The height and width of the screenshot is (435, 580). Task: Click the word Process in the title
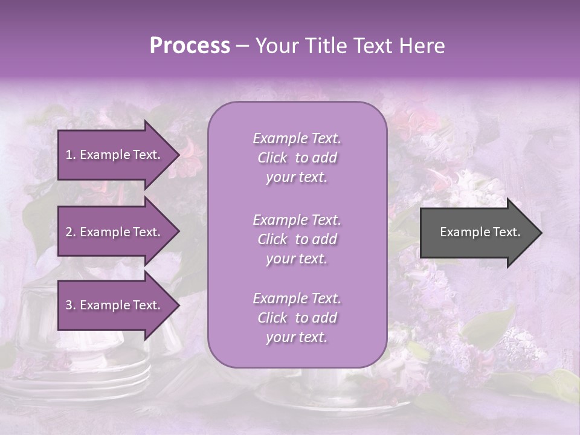(190, 46)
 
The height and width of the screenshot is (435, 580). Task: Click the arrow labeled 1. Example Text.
(115, 155)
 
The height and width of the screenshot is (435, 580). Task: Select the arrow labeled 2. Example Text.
(115, 232)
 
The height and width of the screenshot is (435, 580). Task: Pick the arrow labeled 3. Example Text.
(115, 305)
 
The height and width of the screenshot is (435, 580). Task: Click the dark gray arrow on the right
(477, 233)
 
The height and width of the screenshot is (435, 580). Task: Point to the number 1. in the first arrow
(71, 155)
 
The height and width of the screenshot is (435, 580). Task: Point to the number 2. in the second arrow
(71, 232)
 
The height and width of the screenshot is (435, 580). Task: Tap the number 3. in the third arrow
(71, 305)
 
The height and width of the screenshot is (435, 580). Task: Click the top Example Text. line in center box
(297, 138)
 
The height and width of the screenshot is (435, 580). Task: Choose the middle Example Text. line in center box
(297, 220)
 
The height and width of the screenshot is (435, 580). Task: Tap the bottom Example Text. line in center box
(297, 298)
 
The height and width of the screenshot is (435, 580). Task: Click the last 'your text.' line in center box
(297, 337)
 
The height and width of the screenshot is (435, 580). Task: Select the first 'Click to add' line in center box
(297, 158)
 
